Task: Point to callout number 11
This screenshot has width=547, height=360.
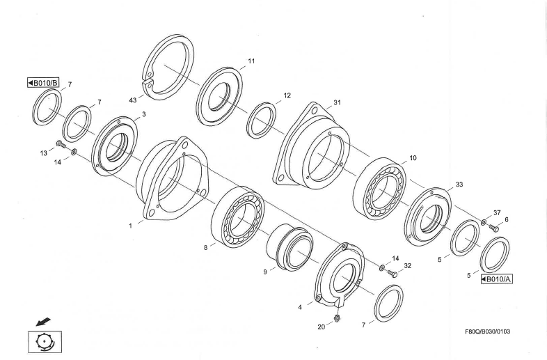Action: pyautogui.click(x=251, y=61)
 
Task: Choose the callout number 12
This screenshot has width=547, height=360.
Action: pyautogui.click(x=287, y=95)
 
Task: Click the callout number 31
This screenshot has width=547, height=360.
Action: pyautogui.click(x=337, y=102)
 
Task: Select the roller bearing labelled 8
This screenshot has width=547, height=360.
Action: pyautogui.click(x=237, y=217)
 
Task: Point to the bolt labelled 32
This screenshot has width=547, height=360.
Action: pyautogui.click(x=392, y=273)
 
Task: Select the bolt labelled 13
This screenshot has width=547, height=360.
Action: pyautogui.click(x=60, y=145)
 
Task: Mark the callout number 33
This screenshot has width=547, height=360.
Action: pyautogui.click(x=459, y=185)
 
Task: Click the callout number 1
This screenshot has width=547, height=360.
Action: pyautogui.click(x=130, y=225)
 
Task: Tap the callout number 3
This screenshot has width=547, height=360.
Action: pyautogui.click(x=143, y=114)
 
